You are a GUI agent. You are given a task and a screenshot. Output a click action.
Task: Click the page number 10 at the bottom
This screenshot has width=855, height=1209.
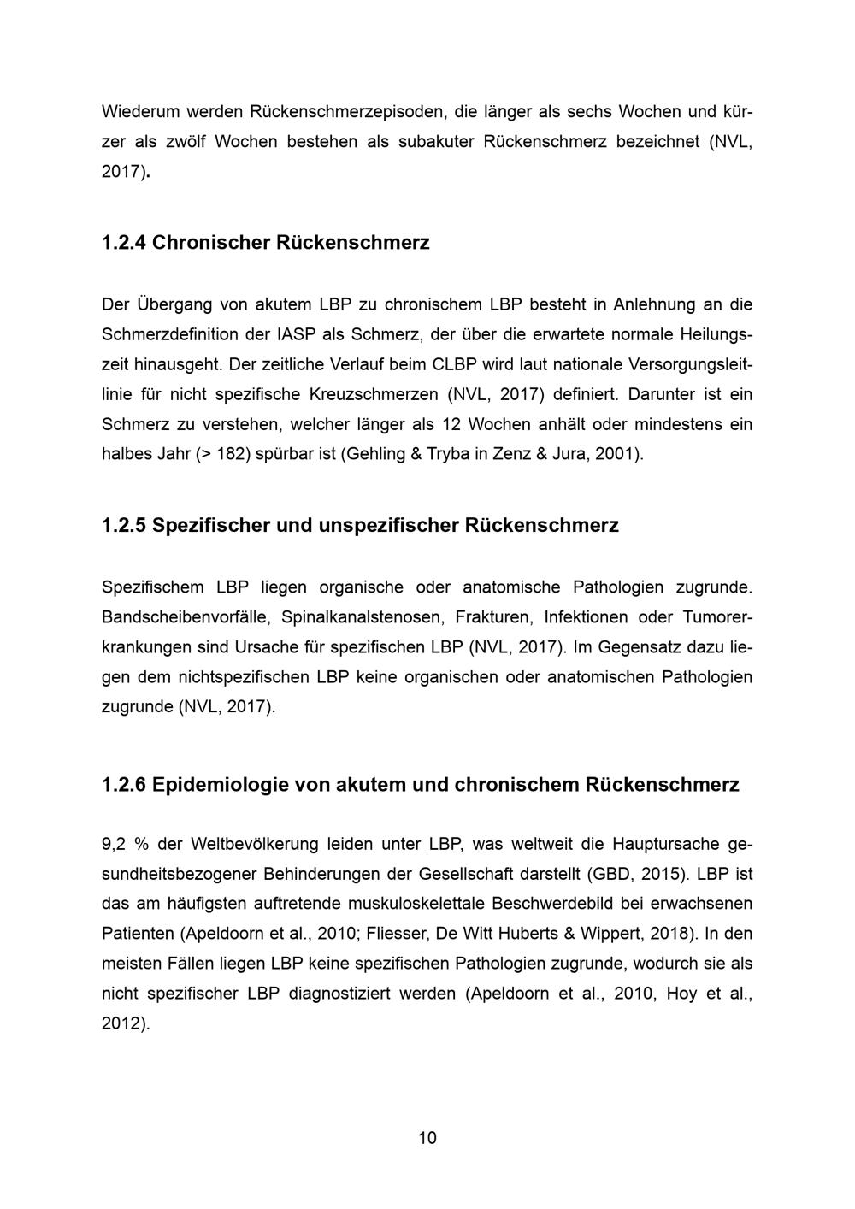pyautogui.click(x=427, y=1138)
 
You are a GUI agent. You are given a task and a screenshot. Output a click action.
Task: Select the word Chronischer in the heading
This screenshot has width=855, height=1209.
pyautogui.click(x=210, y=242)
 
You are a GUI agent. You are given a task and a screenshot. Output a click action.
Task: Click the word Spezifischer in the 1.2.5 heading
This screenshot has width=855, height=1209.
pyautogui.click(x=210, y=525)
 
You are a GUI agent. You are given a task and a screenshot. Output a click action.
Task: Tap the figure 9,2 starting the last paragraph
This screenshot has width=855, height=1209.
pyautogui.click(x=114, y=844)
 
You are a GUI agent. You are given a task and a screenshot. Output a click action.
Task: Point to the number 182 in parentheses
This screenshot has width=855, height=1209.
pyautogui.click(x=232, y=454)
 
